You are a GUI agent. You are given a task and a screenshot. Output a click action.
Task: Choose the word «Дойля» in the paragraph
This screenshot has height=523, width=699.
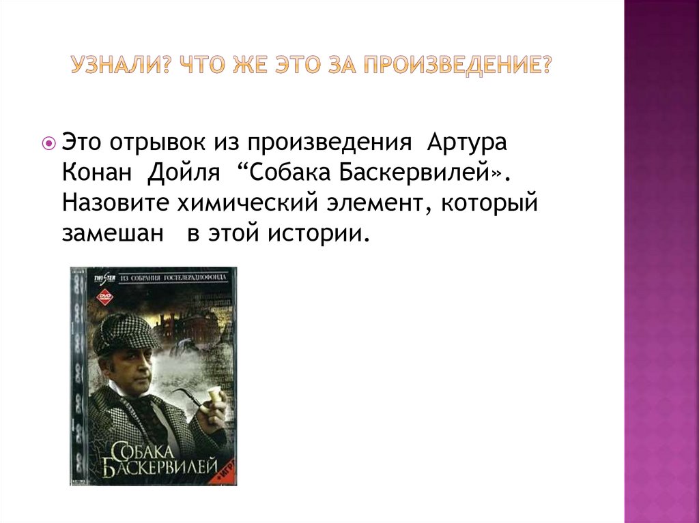[182, 174]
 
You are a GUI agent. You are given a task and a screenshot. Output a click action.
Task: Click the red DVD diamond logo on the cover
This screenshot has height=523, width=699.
[104, 297]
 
